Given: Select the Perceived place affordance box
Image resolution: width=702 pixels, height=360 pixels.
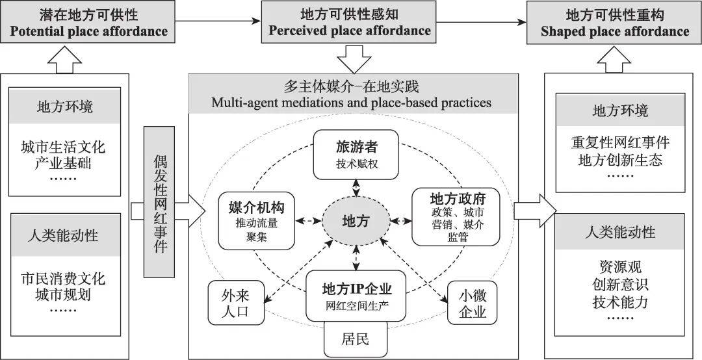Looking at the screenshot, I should [350, 23].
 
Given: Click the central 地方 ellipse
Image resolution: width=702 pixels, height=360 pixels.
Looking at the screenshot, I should [356, 220].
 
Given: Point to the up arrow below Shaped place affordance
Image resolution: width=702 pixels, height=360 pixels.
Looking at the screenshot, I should [615, 61].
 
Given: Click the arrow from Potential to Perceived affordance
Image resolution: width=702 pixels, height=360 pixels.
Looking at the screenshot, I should [218, 21].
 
